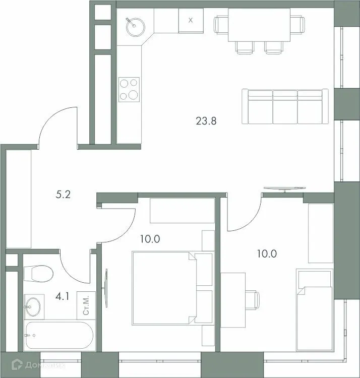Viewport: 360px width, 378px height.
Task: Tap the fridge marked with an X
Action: (190, 21)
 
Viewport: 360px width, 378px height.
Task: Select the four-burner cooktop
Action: (129, 89)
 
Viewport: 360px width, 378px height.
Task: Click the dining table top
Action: (260, 25)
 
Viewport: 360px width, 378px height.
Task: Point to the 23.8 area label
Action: (206, 120)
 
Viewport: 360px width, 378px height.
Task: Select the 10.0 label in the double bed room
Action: (150, 239)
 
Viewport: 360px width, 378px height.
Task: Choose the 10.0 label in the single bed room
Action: (267, 254)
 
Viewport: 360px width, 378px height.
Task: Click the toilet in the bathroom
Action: (38, 275)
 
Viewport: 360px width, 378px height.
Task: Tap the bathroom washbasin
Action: (34, 305)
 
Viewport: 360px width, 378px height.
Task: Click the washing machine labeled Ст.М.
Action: (85, 305)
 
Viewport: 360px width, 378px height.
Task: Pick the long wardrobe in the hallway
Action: (19, 198)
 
